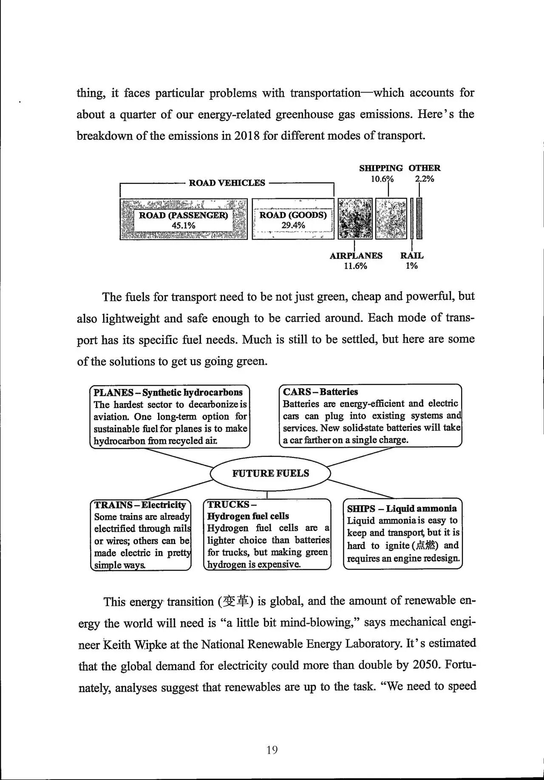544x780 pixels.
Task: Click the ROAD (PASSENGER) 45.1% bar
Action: pyautogui.click(x=183, y=220)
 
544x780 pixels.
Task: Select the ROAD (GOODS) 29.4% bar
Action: pyautogui.click(x=293, y=220)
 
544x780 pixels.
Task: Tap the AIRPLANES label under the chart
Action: pyautogui.click(x=356, y=256)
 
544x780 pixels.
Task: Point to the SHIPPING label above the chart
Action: pyautogui.click(x=381, y=168)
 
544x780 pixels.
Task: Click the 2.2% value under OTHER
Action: pyautogui.click(x=425, y=179)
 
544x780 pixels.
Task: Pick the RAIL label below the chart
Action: pyautogui.click(x=412, y=256)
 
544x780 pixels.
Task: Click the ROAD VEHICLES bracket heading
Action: pyautogui.click(x=227, y=183)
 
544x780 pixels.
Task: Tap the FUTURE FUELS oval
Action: pyautogui.click(x=270, y=473)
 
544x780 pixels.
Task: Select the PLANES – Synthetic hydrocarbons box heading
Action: pyautogui.click(x=168, y=392)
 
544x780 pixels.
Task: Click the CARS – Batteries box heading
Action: pyautogui.click(x=320, y=392)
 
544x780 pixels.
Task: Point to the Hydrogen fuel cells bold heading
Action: pyautogui.click(x=248, y=516)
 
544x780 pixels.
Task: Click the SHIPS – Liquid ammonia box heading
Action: pyautogui.click(x=402, y=509)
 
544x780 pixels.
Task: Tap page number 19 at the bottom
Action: pyautogui.click(x=272, y=750)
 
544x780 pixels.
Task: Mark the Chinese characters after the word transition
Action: pyautogui.click(x=235, y=602)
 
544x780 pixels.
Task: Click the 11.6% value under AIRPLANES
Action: pyautogui.click(x=355, y=266)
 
